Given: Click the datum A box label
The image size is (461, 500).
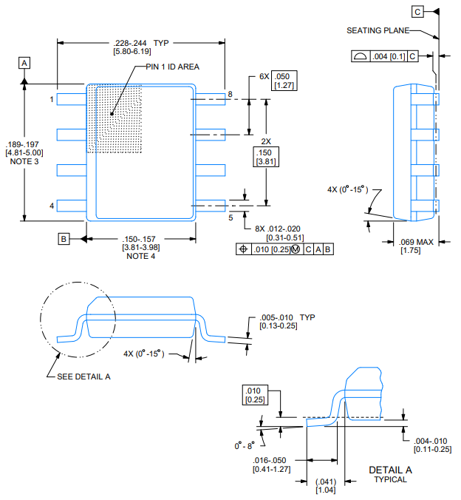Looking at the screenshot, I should tap(24, 63).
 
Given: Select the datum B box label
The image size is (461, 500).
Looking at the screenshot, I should tap(65, 238).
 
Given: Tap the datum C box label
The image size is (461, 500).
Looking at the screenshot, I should tap(418, 12).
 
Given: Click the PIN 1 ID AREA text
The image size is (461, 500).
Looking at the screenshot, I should tap(172, 67).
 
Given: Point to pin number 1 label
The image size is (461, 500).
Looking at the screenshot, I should tap(52, 98).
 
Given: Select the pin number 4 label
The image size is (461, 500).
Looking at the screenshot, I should tap(52, 206).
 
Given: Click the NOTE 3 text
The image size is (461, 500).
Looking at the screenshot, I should tap(24, 162).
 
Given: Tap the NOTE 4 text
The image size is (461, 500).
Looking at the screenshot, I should tap(140, 256).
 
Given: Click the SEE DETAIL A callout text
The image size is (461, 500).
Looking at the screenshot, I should tap(83, 376).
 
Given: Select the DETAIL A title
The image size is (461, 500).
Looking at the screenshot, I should tap(390, 470).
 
